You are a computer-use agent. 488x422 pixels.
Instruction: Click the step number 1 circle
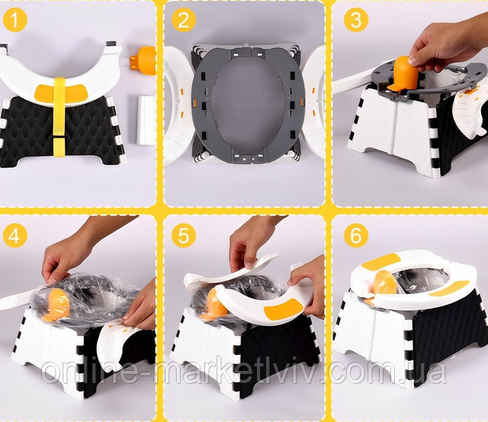(15, 21)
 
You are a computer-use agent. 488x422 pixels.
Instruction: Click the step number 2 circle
(184, 21)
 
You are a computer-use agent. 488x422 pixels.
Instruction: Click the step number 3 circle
(356, 21)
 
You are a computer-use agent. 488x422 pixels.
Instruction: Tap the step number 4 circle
(15, 235)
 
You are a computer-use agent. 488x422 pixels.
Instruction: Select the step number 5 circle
(184, 235)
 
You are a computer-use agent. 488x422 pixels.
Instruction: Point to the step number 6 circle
(356, 235)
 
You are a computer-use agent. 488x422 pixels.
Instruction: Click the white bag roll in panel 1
(146, 120)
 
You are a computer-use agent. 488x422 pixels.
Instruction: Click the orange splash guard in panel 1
(144, 60)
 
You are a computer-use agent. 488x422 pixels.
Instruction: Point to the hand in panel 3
(448, 37)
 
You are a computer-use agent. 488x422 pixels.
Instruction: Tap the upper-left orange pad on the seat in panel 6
(381, 260)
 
